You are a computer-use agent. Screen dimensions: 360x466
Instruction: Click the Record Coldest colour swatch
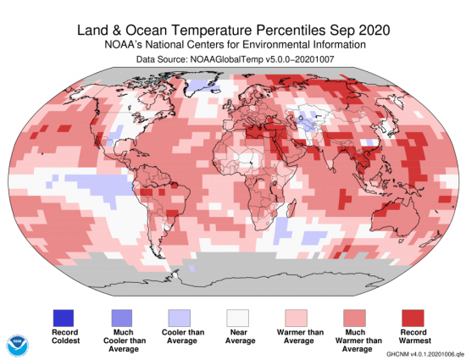coord(63,316)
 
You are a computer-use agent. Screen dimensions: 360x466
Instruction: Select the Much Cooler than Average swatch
coord(121,316)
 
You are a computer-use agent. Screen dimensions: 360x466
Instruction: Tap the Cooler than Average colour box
coord(180,316)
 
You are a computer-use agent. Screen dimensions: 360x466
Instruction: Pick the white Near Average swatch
coord(236,316)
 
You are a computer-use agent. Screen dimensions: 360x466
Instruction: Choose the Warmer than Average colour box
coord(296,316)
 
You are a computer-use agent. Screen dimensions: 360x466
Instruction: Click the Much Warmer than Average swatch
coord(354,316)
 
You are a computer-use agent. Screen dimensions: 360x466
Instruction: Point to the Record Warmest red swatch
coord(413,316)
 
